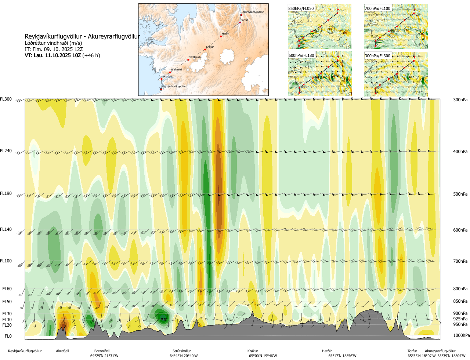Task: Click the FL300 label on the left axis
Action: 6,99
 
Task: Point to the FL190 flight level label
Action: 6,193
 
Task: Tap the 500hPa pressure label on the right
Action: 460,194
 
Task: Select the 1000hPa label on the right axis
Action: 461,335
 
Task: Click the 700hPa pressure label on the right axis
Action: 460,261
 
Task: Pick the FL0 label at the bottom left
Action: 8,336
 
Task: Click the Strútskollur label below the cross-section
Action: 182,351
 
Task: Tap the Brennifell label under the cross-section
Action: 102,351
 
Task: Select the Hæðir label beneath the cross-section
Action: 327,351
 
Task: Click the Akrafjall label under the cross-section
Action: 62,351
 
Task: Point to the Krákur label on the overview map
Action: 210,47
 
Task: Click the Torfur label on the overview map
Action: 245,20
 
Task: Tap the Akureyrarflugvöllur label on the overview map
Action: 253,12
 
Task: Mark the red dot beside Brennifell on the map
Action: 170,72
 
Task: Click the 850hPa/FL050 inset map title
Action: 301,8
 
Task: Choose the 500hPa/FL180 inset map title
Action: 301,56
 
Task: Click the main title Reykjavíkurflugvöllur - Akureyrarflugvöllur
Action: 82,36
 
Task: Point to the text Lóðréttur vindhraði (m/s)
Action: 53,43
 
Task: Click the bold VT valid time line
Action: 62,55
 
